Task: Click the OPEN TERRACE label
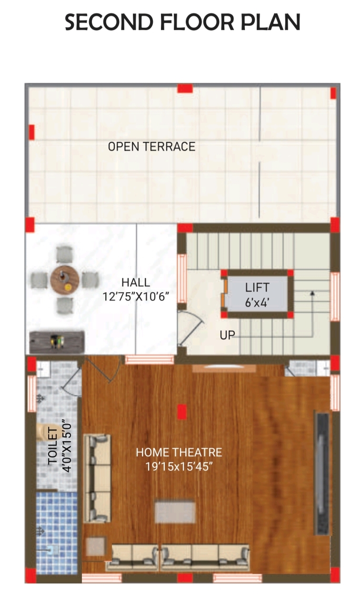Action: click(151, 147)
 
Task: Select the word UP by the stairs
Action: click(227, 335)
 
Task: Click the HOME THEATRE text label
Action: click(179, 453)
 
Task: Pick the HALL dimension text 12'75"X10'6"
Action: click(136, 296)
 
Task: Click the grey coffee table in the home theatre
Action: click(175, 512)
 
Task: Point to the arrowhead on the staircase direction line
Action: click(312, 293)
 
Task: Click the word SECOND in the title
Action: click(109, 22)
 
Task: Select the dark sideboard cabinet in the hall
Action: click(57, 342)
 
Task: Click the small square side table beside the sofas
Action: click(96, 546)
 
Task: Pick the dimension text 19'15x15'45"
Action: click(179, 467)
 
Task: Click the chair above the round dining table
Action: click(65, 255)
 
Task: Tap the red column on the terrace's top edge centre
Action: click(185, 89)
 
